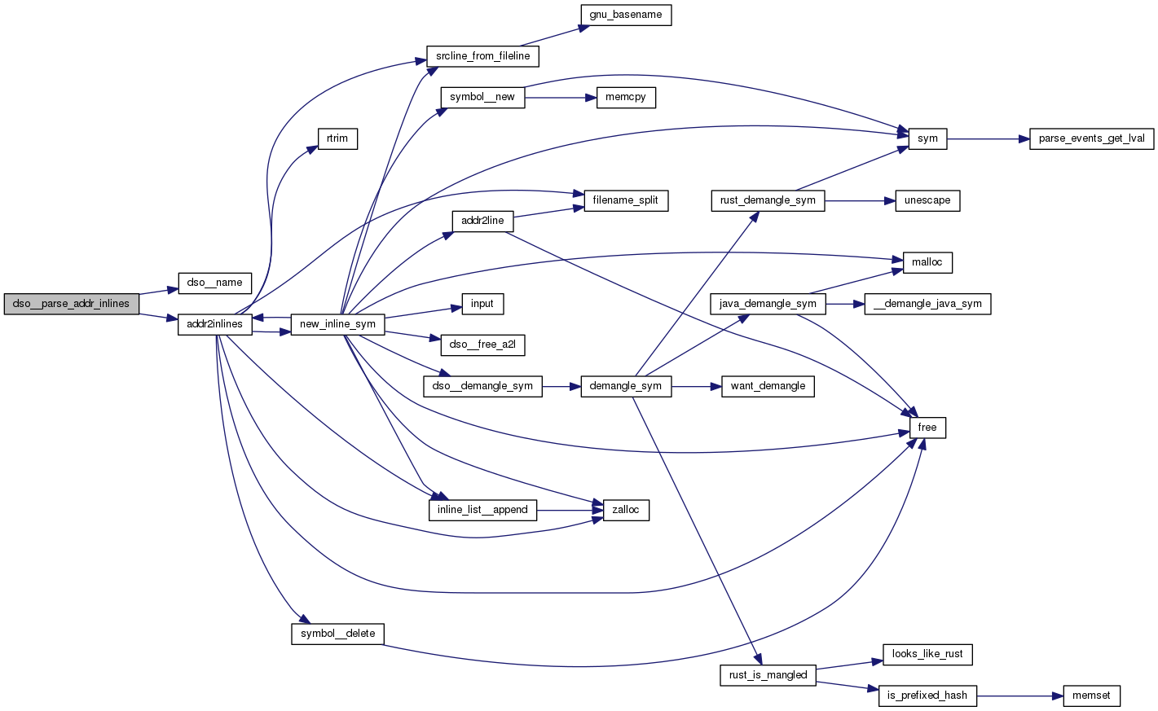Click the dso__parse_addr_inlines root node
(72, 304)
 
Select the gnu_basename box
(625, 15)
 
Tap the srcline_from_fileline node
(482, 56)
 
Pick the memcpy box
(625, 97)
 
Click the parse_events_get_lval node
(1091, 138)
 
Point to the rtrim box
(337, 138)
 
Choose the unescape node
(927, 200)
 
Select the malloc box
(927, 262)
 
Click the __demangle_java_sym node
(927, 304)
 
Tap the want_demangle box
(768, 386)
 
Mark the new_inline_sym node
(337, 324)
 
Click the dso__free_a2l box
(482, 345)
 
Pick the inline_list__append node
(482, 510)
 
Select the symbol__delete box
(337, 634)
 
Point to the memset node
(1091, 696)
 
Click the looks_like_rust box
(927, 654)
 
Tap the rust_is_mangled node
(768, 675)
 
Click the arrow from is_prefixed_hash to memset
(1020, 696)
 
